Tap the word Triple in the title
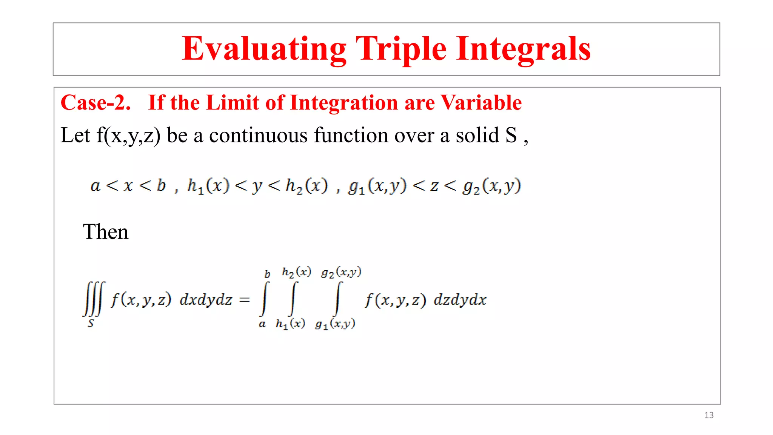pyautogui.click(x=401, y=49)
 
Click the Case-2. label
pyautogui.click(x=96, y=103)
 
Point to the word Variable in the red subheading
pyautogui.click(x=481, y=103)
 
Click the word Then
pyautogui.click(x=106, y=232)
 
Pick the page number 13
pyautogui.click(x=709, y=415)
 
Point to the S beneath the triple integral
pyautogui.click(x=91, y=324)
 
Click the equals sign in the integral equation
pyautogui.click(x=245, y=300)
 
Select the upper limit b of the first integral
pyautogui.click(x=267, y=274)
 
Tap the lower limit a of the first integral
pyautogui.click(x=262, y=324)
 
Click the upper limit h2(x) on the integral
pyautogui.click(x=296, y=272)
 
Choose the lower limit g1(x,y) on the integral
pyautogui.click(x=335, y=324)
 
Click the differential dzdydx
pyautogui.click(x=460, y=300)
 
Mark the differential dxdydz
pyautogui.click(x=206, y=300)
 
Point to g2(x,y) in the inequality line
pyautogui.click(x=492, y=186)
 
